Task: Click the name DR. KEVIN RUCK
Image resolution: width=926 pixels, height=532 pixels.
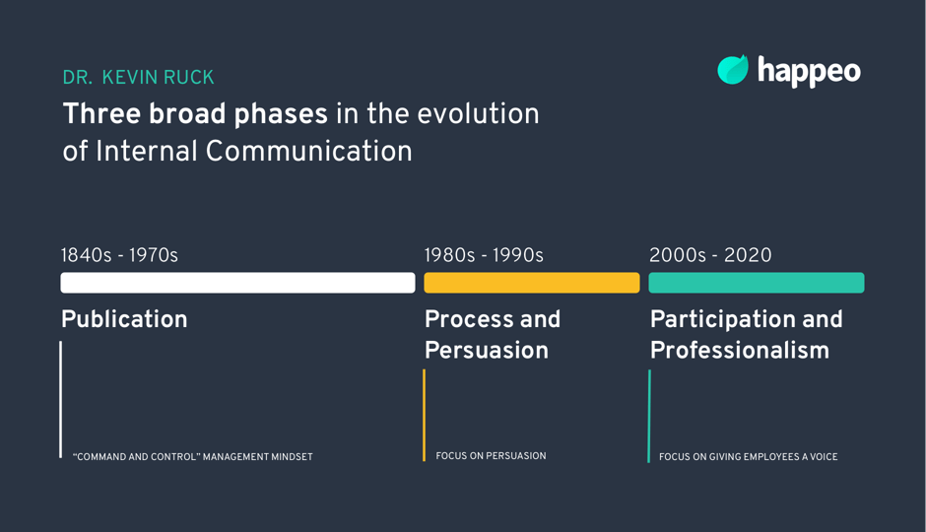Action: point(138,78)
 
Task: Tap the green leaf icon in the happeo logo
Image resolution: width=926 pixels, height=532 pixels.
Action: point(733,70)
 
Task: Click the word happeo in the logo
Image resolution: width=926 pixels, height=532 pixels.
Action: point(809,71)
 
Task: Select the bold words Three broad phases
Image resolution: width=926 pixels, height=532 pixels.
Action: point(195,114)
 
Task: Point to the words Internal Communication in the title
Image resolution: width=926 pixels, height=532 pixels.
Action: point(253,152)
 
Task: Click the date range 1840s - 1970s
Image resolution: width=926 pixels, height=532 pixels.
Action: point(119,255)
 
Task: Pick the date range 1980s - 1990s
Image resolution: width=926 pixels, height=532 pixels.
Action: point(484,255)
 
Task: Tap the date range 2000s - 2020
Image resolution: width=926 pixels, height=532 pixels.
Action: point(710,255)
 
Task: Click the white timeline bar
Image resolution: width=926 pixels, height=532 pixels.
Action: point(237,283)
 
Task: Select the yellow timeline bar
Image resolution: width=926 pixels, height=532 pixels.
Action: point(531,283)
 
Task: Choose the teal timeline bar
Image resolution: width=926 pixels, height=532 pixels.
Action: point(756,283)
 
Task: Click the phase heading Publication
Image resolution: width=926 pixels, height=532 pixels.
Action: point(124,320)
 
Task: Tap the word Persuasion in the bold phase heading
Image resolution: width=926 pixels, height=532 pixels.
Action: point(486,351)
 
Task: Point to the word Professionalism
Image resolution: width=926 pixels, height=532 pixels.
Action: point(739,351)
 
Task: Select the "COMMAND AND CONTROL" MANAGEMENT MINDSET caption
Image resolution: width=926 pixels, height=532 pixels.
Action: point(193,457)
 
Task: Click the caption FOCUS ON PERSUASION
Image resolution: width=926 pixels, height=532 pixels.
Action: point(491,456)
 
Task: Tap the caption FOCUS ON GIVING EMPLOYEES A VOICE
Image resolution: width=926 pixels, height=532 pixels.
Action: point(748,457)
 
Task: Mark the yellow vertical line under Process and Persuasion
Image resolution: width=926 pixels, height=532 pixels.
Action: point(425,415)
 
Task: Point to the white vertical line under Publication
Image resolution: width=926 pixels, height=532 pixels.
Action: point(61,399)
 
